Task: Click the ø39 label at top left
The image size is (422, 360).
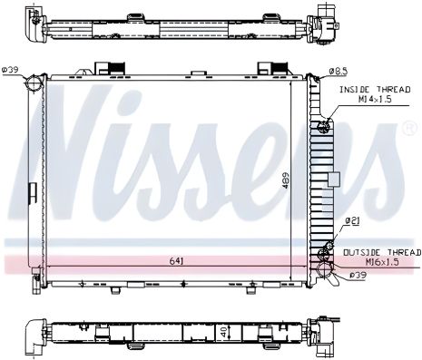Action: click(10, 70)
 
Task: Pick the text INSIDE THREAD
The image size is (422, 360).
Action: click(368, 90)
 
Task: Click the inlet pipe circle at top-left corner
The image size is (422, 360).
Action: click(34, 84)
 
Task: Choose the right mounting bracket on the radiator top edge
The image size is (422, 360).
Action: click(268, 69)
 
